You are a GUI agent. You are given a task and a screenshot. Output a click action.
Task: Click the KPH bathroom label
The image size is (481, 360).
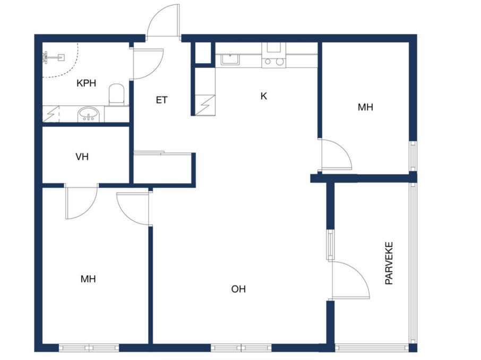click(x=86, y=83)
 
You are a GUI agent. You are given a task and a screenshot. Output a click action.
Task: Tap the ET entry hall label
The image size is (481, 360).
click(x=162, y=100)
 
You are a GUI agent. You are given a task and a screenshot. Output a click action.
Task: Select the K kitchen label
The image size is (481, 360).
click(x=263, y=96)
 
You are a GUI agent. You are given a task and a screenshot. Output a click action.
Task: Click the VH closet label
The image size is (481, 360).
click(x=82, y=157)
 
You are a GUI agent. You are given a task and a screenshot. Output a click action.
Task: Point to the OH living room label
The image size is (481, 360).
click(x=238, y=289)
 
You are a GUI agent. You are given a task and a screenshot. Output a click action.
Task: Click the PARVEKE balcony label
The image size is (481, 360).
click(x=389, y=263)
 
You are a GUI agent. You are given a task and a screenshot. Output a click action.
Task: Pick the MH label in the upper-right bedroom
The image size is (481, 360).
click(x=365, y=107)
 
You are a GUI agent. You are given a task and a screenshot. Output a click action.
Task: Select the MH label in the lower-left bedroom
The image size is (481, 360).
click(x=88, y=279)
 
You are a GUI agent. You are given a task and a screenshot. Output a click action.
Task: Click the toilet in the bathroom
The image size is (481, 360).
click(x=116, y=95)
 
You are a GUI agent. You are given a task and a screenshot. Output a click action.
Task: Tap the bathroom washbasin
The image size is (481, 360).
click(x=89, y=115)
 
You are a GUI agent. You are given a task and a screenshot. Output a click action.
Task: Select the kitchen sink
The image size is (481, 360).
click(x=230, y=59)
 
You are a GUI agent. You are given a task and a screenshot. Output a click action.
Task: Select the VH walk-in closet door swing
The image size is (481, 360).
click(x=81, y=202)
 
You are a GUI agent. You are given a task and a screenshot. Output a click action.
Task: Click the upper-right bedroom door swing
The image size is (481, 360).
click(x=336, y=155)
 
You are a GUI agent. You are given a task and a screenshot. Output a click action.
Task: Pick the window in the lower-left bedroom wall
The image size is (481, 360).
click(x=89, y=347)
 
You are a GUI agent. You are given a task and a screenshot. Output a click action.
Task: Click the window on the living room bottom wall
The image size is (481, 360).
click(x=241, y=347)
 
